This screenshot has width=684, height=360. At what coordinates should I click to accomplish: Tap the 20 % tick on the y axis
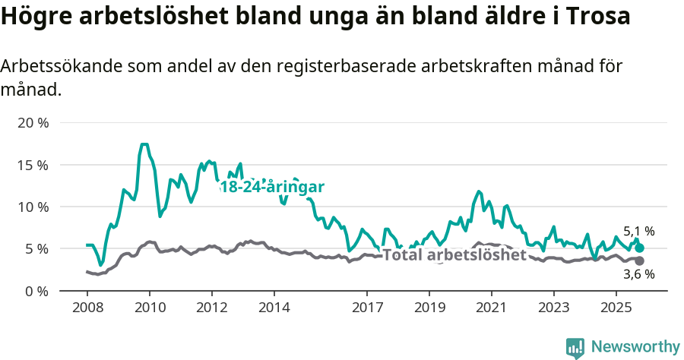32,123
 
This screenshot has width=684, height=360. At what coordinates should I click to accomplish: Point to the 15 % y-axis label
32,165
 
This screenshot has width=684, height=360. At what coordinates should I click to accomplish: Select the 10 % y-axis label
32,207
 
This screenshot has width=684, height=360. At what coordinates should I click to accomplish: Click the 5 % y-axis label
36,248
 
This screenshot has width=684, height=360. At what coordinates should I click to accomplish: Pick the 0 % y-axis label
36,291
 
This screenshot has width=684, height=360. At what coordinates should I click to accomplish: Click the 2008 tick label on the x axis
87,309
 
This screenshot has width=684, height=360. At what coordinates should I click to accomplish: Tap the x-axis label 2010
150,309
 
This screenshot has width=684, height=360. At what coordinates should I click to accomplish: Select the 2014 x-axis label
274,309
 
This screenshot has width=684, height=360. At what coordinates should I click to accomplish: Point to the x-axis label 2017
367,309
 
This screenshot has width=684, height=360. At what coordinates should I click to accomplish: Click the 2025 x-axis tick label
615,309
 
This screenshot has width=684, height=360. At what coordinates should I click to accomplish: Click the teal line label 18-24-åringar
272,188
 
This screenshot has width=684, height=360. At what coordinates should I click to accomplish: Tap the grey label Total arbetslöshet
454,255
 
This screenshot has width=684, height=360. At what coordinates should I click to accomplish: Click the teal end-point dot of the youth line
640,248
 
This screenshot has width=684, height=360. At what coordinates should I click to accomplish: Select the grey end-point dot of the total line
640,261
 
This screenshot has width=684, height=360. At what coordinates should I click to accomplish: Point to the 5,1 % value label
638,231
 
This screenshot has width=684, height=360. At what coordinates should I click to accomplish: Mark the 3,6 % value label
638,275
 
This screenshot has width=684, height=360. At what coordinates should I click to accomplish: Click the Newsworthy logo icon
575,347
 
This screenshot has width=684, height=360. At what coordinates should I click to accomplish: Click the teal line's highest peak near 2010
144,144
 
